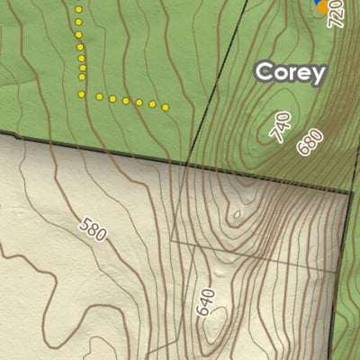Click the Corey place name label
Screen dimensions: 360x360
290,73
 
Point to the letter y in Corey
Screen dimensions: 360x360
318,76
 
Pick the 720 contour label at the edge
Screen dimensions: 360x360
339,14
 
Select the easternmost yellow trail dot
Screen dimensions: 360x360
166,108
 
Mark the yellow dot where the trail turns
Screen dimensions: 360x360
83,94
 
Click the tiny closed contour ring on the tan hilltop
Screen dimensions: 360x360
237,214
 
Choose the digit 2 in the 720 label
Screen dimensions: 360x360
339,14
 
